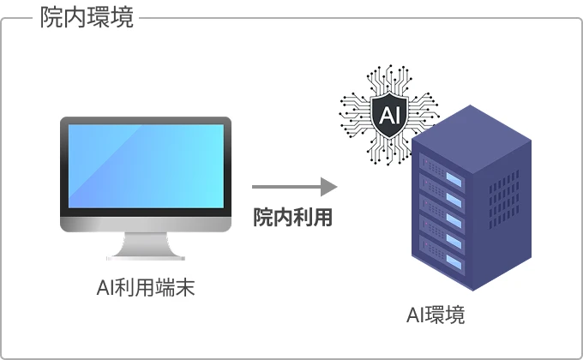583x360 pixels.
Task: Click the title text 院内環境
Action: click(x=87, y=18)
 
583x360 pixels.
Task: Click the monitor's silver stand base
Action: click(x=146, y=254)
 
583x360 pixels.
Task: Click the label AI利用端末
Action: click(x=146, y=288)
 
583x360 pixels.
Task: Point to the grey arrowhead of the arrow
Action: click(x=328, y=186)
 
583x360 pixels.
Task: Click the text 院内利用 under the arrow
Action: click(x=292, y=218)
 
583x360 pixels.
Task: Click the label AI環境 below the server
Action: click(x=436, y=315)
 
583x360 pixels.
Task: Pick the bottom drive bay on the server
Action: click(x=442, y=254)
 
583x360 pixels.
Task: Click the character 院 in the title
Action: click(x=51, y=18)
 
